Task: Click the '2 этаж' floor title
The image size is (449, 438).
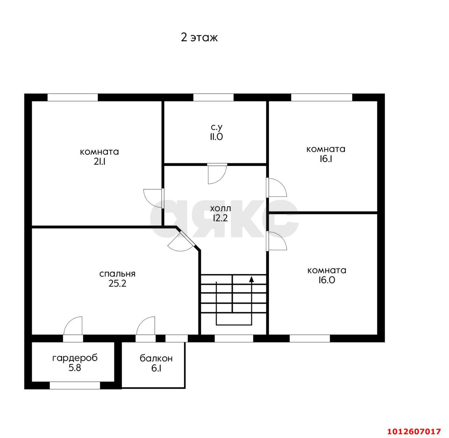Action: (199, 38)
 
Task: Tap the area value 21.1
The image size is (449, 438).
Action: (99, 162)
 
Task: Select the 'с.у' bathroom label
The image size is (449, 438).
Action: (216, 127)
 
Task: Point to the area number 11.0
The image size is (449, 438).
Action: (216, 137)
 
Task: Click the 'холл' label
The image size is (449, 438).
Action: (220, 209)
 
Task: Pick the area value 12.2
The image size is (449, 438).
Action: (220, 218)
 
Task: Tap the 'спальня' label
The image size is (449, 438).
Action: (117, 274)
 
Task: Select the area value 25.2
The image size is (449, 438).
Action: (118, 284)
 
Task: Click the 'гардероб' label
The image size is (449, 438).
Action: (75, 358)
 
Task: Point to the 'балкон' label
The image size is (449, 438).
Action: (156, 358)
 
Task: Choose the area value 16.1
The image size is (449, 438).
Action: (326, 159)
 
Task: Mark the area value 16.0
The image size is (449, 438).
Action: (327, 280)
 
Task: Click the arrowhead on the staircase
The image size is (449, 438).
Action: (252, 279)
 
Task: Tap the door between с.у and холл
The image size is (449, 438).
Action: (217, 174)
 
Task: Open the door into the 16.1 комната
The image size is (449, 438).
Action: (276, 188)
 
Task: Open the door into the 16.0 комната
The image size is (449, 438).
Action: (276, 241)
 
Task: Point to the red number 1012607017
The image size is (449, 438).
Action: (414, 431)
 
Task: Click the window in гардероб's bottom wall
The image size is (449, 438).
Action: (75, 385)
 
